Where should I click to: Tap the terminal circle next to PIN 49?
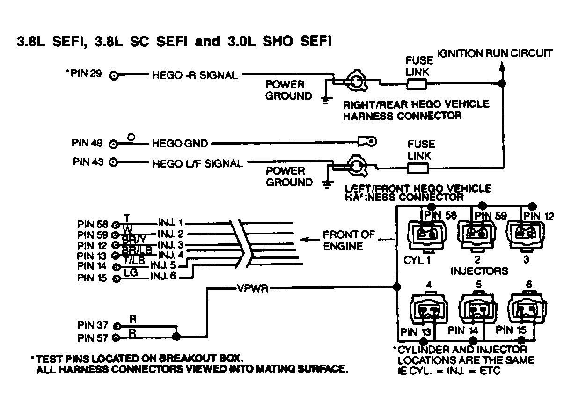click(x=113, y=143)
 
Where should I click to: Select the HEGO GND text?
click(x=180, y=143)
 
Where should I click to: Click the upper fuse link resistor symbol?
click(x=416, y=84)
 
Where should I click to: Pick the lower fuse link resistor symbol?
click(x=418, y=168)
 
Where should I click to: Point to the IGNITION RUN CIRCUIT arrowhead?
click(x=502, y=67)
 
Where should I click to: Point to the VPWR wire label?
click(x=252, y=288)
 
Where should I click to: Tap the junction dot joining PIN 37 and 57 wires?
click(x=176, y=336)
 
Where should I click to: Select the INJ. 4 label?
click(x=171, y=255)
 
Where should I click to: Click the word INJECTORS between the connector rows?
click(x=479, y=271)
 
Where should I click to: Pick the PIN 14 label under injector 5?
click(x=463, y=330)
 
